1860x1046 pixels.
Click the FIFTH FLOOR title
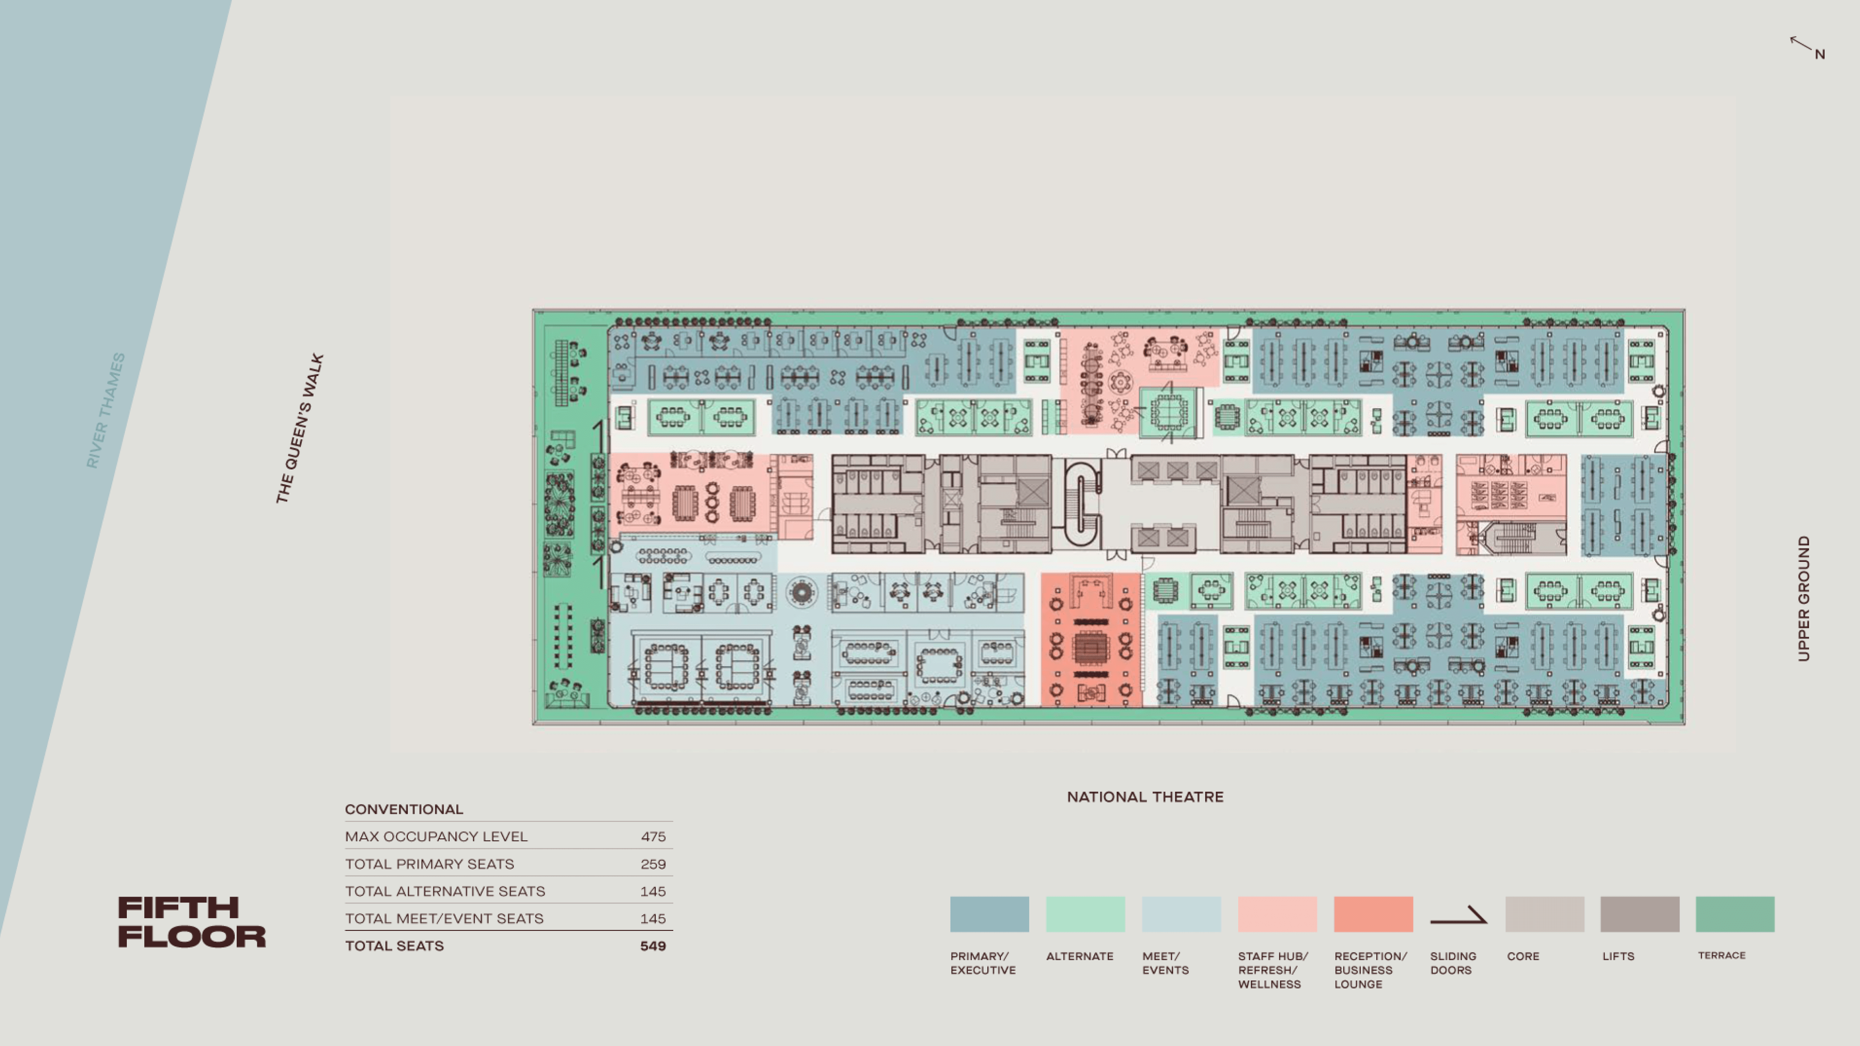point(191,922)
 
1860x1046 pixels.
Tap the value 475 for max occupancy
point(653,837)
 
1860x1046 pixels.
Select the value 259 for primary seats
point(653,864)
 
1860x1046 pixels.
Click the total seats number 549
point(653,946)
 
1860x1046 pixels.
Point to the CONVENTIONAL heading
point(404,809)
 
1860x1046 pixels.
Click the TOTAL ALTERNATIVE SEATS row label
point(445,891)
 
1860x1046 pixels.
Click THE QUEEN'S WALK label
point(300,428)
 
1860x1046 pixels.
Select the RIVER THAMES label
point(106,410)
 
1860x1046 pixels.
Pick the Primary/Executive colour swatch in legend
point(989,914)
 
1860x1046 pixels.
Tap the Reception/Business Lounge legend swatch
point(1372,914)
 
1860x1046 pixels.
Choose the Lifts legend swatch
point(1639,914)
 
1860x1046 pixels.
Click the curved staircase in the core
point(1083,503)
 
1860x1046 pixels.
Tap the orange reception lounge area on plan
point(1090,639)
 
